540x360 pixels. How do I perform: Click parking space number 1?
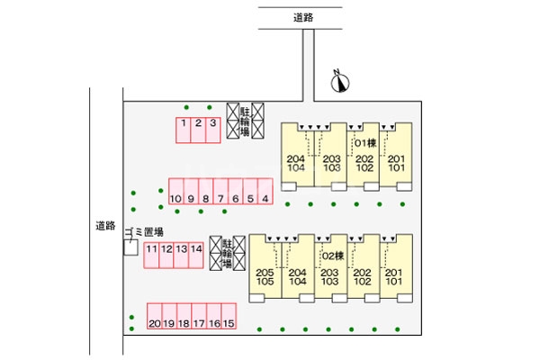(183, 129)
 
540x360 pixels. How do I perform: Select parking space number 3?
(212, 129)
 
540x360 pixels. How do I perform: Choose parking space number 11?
(153, 254)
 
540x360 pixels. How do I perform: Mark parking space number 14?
(196, 254)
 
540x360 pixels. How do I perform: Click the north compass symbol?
(339, 83)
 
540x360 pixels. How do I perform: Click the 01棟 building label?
(364, 143)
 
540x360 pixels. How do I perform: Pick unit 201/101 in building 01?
(397, 163)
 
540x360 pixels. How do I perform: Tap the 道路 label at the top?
(302, 17)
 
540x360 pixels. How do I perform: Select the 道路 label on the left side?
(105, 225)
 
